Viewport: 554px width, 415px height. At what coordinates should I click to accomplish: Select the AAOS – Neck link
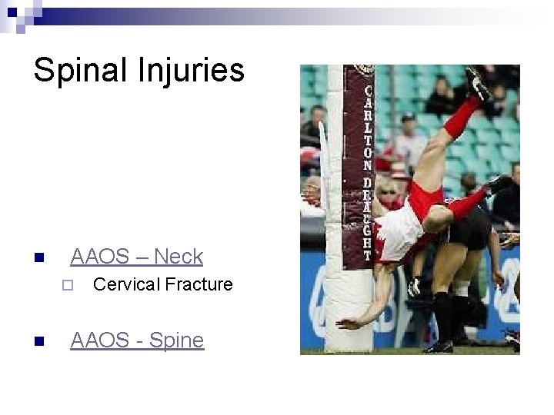[x=136, y=256]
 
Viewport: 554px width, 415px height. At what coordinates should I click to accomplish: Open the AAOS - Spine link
[x=137, y=340]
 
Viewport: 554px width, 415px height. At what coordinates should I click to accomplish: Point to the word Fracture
[x=199, y=284]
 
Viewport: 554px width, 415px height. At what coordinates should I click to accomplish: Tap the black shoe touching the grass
[x=439, y=347]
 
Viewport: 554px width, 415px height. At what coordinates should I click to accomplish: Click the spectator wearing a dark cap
[x=408, y=127]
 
